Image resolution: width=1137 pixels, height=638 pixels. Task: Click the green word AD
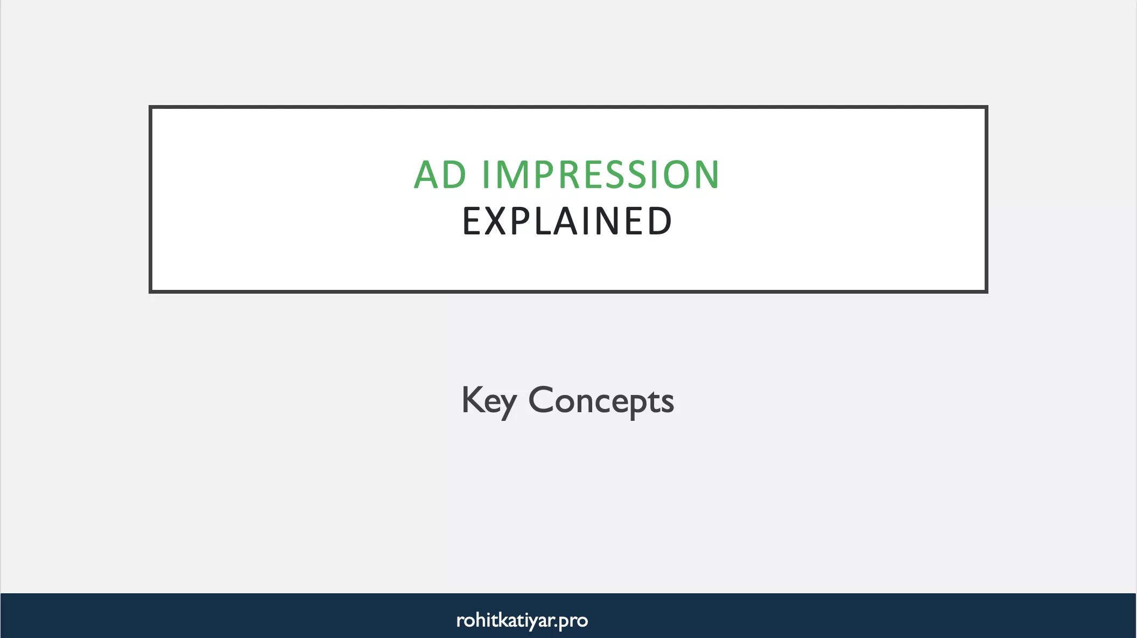click(440, 175)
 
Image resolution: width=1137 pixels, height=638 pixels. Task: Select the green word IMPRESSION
click(600, 175)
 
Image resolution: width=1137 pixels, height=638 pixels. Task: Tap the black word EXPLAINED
click(567, 221)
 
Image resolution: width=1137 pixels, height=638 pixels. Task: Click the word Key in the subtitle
click(489, 401)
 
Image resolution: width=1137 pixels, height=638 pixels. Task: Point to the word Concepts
click(601, 401)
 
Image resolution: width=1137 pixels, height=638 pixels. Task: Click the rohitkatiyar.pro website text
click(522, 620)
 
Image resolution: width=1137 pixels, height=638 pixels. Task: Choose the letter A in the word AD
click(426, 175)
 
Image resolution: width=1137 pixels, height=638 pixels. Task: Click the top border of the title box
click(568, 107)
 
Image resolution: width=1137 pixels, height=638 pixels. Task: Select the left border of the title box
click(151, 199)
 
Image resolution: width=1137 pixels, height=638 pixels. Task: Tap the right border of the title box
click(986, 199)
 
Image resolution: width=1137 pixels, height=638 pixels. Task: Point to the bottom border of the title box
click(568, 292)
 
